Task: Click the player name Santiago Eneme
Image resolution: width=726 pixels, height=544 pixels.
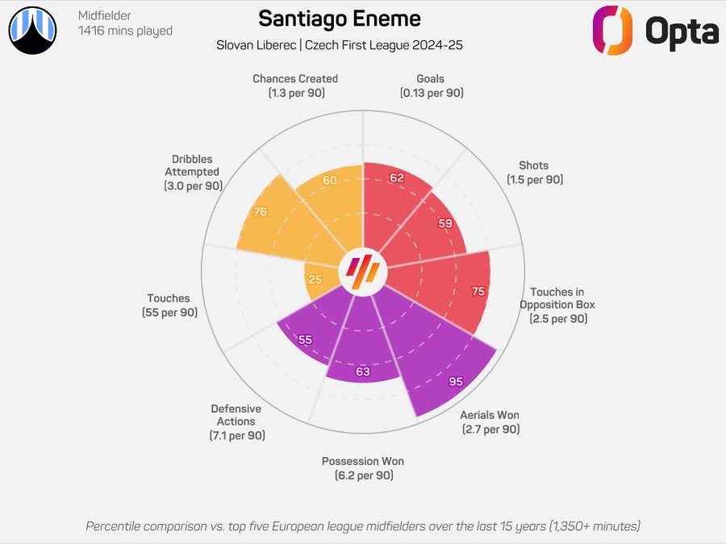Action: [339, 19]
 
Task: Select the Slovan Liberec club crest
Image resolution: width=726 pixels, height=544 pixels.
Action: [33, 31]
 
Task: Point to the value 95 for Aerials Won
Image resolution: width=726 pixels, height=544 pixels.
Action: [456, 381]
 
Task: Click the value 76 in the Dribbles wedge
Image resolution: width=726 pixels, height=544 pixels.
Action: [260, 213]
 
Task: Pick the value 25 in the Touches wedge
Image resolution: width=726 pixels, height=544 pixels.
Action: [315, 280]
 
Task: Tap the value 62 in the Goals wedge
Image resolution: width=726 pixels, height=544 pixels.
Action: [397, 178]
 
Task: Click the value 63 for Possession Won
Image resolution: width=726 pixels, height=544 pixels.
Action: [363, 372]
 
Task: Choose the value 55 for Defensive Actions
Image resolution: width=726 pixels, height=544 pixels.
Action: [305, 340]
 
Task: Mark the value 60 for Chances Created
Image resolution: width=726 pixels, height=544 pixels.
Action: [329, 181]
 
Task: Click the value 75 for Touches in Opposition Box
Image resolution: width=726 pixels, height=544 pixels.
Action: [478, 292]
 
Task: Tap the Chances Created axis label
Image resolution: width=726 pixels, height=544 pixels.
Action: [294, 85]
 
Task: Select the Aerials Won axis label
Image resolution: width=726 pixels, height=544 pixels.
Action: [490, 421]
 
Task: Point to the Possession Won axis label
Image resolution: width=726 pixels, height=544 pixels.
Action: [363, 468]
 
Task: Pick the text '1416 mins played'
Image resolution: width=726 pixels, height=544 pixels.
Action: [125, 31]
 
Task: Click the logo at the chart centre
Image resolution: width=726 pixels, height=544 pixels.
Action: [363, 271]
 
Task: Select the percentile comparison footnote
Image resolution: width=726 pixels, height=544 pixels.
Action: [363, 526]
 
